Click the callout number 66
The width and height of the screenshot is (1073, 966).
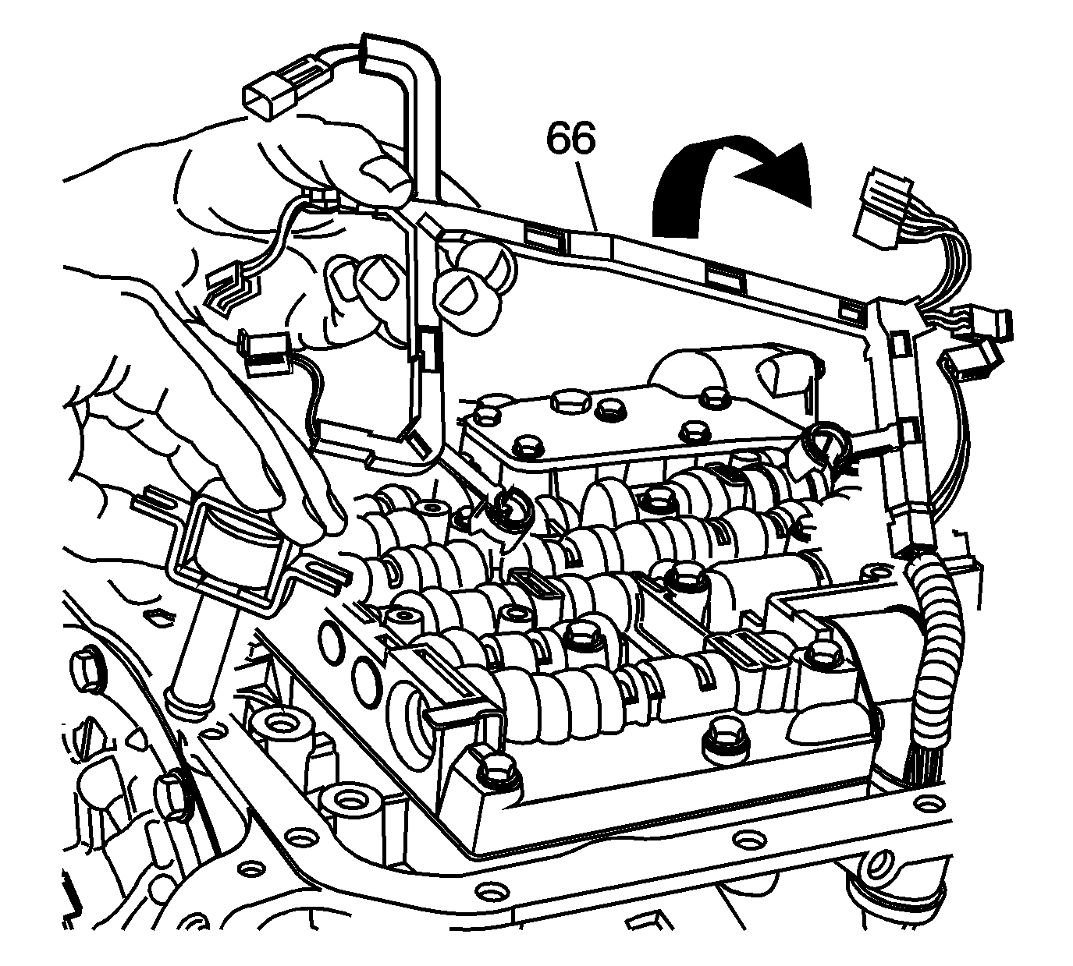tap(570, 140)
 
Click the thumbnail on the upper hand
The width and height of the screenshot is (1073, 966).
tap(385, 175)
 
